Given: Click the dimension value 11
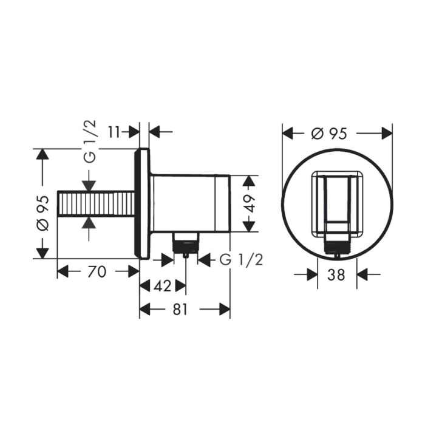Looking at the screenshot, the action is (x=114, y=132).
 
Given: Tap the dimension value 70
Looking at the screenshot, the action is (x=97, y=271).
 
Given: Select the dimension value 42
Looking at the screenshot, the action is (x=163, y=286).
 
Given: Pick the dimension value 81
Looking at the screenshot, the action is (x=180, y=309).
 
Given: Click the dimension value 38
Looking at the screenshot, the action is (x=336, y=275).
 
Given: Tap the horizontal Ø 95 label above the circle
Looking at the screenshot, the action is (x=329, y=134).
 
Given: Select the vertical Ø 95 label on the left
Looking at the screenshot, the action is (x=43, y=212).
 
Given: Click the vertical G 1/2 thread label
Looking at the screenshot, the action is (x=90, y=141).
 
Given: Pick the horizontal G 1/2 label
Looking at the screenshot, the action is (x=241, y=260).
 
